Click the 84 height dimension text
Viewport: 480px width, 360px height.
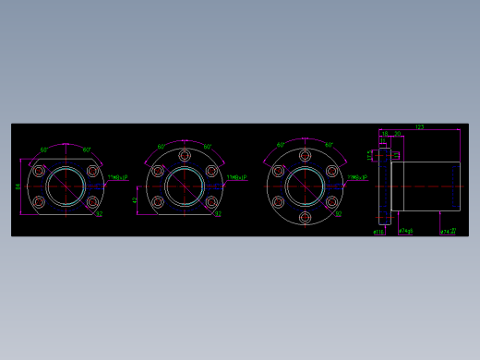click(18, 186)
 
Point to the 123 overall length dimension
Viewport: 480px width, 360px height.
click(419, 127)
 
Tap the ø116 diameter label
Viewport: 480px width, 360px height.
click(378, 232)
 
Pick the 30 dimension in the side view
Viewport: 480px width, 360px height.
click(397, 135)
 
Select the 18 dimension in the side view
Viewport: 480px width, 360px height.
click(385, 135)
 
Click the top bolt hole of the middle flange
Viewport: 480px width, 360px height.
click(185, 155)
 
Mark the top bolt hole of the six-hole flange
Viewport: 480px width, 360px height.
click(305, 152)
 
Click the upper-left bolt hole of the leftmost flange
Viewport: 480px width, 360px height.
click(39, 171)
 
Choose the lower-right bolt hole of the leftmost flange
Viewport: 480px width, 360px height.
click(92, 202)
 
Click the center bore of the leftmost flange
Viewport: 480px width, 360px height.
click(66, 186)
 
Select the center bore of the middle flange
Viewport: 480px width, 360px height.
click(185, 186)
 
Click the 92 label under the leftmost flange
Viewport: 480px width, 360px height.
click(99, 214)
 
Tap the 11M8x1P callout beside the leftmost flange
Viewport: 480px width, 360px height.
click(117, 175)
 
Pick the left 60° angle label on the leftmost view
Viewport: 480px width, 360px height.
click(44, 149)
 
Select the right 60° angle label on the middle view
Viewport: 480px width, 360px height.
click(208, 147)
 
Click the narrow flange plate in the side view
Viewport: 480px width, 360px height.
click(385, 186)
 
